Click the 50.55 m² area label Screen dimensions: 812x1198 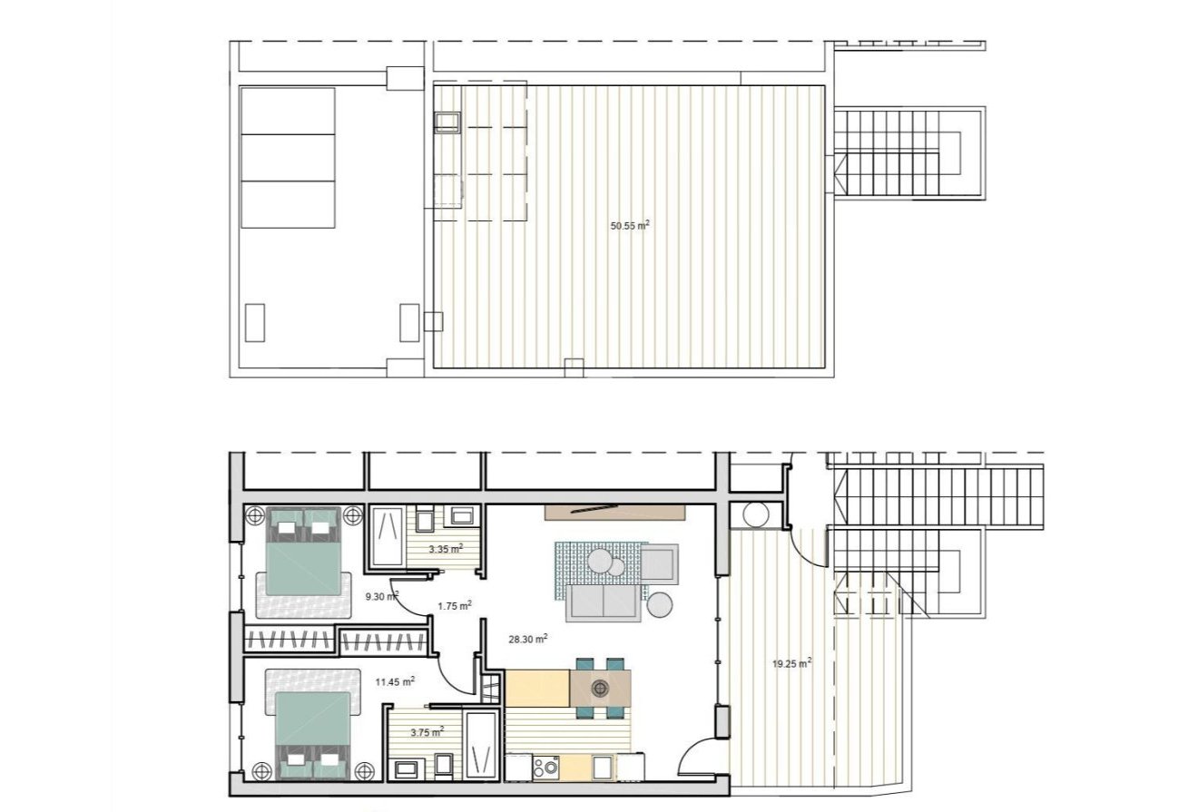[x=630, y=225]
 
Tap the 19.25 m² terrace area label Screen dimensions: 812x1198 [x=791, y=663]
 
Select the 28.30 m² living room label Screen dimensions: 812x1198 [x=527, y=639]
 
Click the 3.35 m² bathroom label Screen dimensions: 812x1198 [x=446, y=548]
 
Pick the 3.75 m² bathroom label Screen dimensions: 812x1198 [x=427, y=731]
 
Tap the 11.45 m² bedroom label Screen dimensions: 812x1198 [x=396, y=680]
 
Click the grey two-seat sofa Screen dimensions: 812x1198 [x=603, y=602]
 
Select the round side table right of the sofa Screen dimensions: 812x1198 [x=660, y=604]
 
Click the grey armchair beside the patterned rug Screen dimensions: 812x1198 [x=660, y=563]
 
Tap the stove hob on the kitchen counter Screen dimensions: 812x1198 [x=546, y=768]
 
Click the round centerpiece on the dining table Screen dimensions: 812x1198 [x=599, y=689]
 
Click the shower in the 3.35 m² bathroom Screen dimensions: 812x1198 [x=389, y=536]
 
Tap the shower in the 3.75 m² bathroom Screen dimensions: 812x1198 [x=481, y=745]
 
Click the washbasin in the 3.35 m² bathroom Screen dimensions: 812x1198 [x=463, y=517]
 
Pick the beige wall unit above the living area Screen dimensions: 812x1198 [x=614, y=512]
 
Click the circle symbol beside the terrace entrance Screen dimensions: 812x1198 [x=755, y=514]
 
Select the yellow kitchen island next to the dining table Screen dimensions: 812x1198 [x=536, y=689]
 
